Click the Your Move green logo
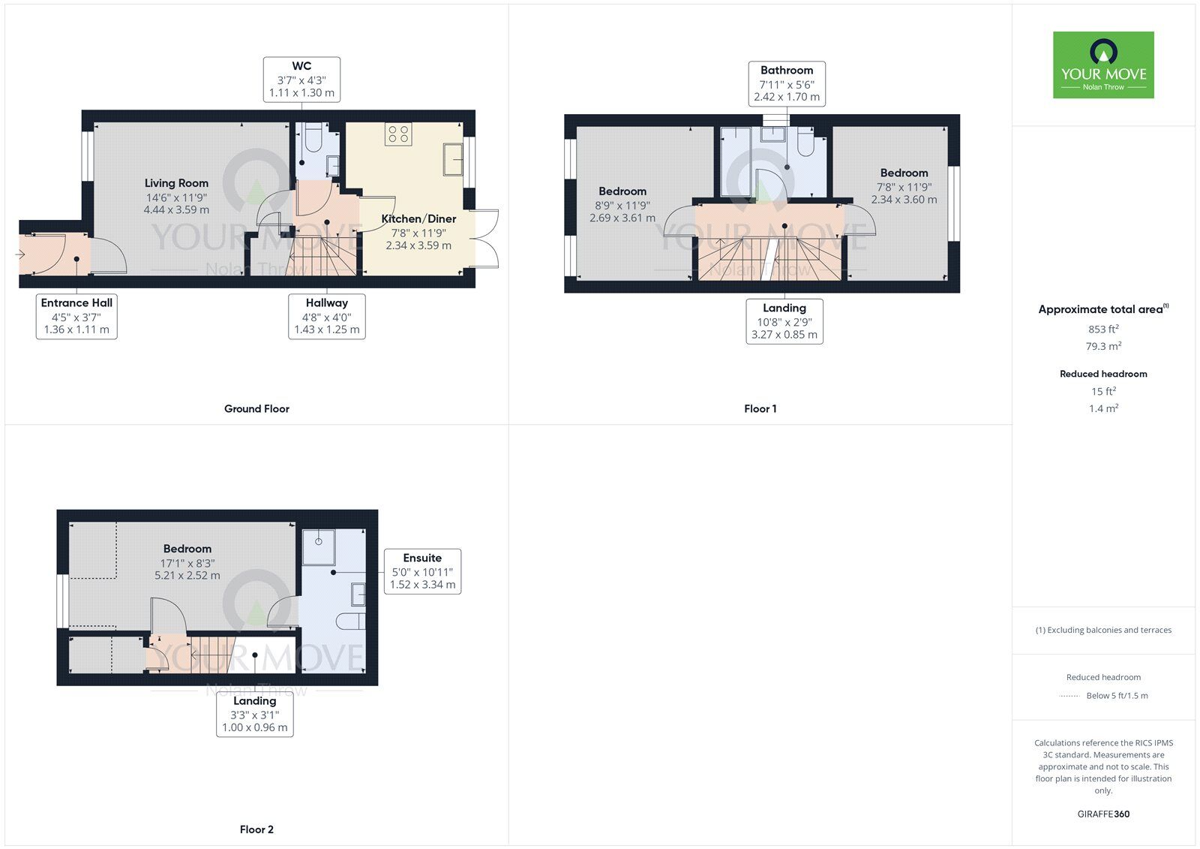click(x=1103, y=65)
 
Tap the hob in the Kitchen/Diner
click(x=398, y=134)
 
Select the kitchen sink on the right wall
click(x=453, y=158)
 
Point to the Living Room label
click(x=176, y=183)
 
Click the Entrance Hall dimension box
click(x=76, y=316)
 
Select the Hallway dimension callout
click(x=327, y=316)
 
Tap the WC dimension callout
click(x=301, y=80)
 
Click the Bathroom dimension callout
click(x=787, y=83)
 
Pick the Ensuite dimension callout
click(x=422, y=571)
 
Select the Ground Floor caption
click(x=256, y=409)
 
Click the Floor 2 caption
click(x=256, y=829)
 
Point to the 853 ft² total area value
click(x=1103, y=329)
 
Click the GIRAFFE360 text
click(x=1103, y=814)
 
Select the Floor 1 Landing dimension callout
click(x=784, y=321)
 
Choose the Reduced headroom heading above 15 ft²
click(x=1103, y=374)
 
